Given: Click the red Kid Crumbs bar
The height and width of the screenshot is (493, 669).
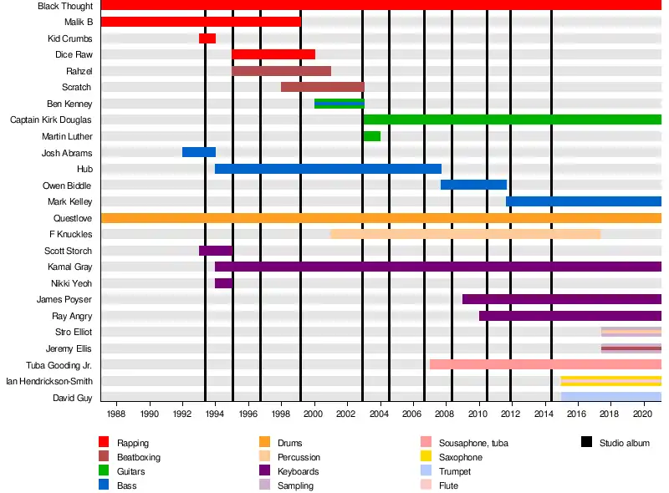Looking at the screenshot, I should (207, 38).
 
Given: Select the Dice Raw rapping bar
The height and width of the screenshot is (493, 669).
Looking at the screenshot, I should (273, 54).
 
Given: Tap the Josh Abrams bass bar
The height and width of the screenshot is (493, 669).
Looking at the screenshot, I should (199, 152).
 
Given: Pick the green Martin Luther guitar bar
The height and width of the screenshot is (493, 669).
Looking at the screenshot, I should (371, 136).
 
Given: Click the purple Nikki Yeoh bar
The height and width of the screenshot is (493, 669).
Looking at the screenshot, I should (223, 283).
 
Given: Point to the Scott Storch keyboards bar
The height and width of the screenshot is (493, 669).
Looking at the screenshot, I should (216, 251).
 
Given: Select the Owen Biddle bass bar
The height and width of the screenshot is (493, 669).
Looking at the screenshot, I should (473, 185).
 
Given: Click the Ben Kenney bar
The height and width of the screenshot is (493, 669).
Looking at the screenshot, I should (339, 104).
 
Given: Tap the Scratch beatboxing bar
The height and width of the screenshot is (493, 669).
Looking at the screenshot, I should (323, 87).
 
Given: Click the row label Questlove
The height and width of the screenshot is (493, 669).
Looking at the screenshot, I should (73, 218).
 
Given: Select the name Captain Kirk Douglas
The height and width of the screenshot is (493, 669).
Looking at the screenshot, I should (51, 120).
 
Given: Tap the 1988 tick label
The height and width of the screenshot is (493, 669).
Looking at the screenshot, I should (117, 414).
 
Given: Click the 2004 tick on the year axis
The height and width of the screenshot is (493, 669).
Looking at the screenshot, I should (380, 414).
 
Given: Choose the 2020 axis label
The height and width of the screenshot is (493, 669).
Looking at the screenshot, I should (643, 414).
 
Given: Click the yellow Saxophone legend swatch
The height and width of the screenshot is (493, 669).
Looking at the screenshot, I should (425, 457).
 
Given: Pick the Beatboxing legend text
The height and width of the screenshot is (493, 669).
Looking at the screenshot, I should (139, 457).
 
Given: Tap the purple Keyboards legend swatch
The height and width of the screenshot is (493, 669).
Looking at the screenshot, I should (265, 471).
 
